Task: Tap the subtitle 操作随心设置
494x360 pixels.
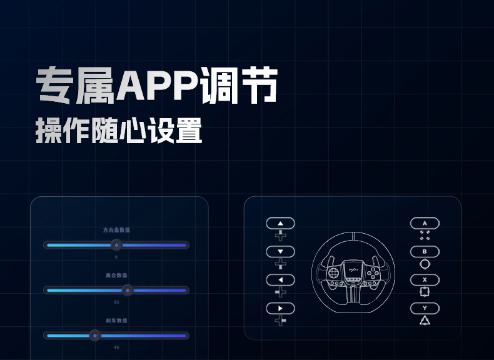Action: [x=119, y=131]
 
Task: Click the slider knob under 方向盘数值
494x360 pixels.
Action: [x=116, y=245]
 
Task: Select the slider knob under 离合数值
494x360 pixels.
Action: [x=127, y=290]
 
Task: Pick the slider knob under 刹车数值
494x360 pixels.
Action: [x=94, y=335]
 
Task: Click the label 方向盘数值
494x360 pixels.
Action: [x=116, y=230]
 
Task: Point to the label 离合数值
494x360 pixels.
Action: [x=116, y=275]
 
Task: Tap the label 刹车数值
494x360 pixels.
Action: [x=116, y=320]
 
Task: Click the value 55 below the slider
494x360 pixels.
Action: [x=116, y=302]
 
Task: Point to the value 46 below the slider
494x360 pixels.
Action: [x=116, y=347]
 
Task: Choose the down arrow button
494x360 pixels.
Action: [x=280, y=251]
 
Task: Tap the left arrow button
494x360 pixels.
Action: [x=280, y=279]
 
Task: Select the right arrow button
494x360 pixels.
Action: [x=280, y=308]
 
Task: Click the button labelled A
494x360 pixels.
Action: [x=425, y=222]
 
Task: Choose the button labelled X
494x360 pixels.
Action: [x=425, y=279]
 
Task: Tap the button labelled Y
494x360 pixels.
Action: [x=425, y=308]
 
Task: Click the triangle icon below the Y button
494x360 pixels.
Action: [x=425, y=321]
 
